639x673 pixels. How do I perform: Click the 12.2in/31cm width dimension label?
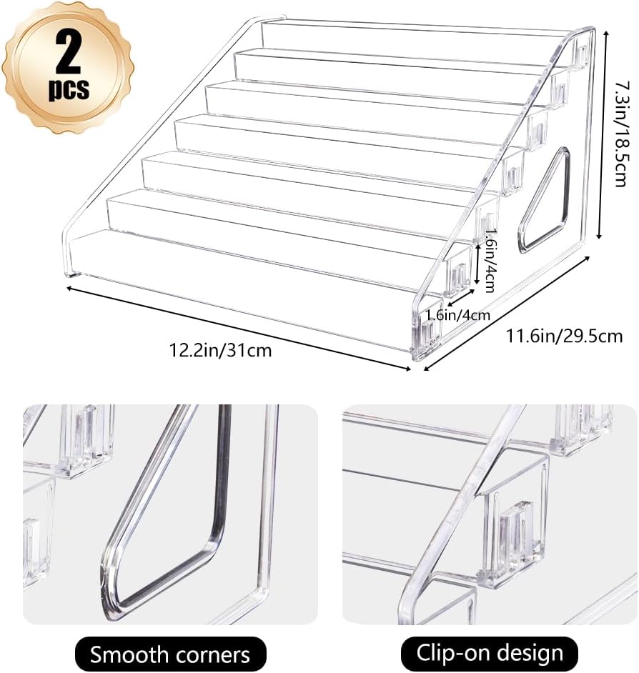coord(220,350)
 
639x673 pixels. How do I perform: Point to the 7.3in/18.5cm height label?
coord(623,132)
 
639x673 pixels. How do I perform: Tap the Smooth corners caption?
coord(169,654)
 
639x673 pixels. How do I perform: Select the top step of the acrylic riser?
coord(415,39)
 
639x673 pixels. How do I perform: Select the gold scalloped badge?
coord(68,68)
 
